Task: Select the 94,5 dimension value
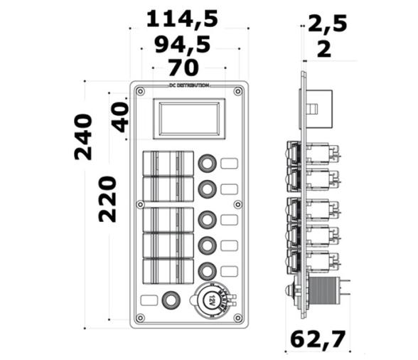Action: pyautogui.click(x=182, y=45)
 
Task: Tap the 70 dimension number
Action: pyautogui.click(x=183, y=68)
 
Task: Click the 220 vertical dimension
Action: pyautogui.click(x=107, y=200)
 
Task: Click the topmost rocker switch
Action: pyautogui.click(x=168, y=163)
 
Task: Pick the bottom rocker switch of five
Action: pyautogui.click(x=168, y=271)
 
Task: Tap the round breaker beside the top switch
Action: pyautogui.click(x=207, y=163)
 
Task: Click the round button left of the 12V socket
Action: pyautogui.click(x=171, y=300)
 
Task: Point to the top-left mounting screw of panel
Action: pyautogui.click(x=140, y=91)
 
